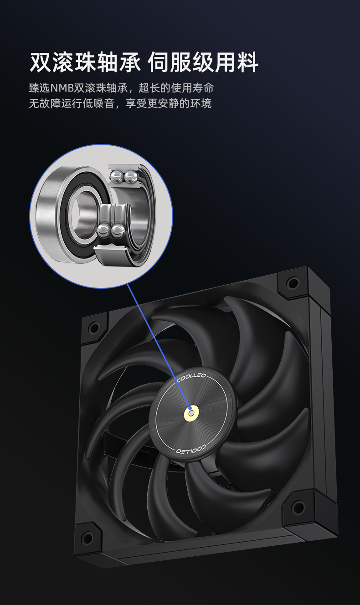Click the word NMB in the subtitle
pos(62,88)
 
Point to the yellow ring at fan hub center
pos(191,413)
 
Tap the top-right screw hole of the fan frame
pos(292,283)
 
